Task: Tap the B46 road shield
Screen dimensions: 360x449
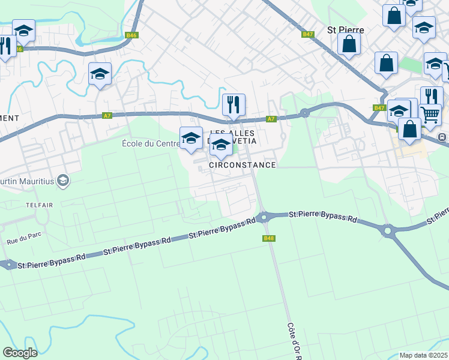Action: (131, 35)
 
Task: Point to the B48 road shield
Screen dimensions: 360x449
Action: (269, 238)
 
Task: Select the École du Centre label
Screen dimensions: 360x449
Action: (150, 143)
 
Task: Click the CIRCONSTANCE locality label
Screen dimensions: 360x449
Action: (243, 164)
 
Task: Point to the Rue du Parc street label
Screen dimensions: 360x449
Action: (22, 241)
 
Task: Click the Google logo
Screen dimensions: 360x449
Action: (20, 352)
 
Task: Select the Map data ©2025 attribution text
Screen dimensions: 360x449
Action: (423, 355)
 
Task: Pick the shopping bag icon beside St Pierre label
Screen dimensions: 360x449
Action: (349, 43)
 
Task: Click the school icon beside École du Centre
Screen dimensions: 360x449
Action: (191, 137)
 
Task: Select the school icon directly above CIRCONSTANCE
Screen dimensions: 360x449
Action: (221, 145)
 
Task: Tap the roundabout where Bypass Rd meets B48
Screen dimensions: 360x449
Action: (262, 217)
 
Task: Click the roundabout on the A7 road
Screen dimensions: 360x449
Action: (304, 112)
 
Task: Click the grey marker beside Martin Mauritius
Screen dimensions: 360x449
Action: (62, 180)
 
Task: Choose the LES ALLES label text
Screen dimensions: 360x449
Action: (233, 133)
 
